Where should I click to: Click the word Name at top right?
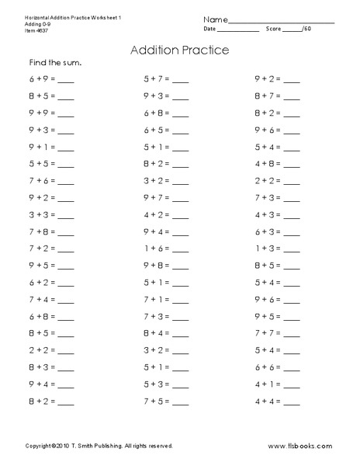click(217, 18)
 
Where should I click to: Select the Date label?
click(210, 29)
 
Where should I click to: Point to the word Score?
click(273, 29)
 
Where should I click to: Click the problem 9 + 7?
click(156, 197)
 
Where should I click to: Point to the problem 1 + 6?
click(156, 248)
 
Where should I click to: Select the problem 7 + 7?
click(268, 332)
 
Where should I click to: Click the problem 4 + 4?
click(268, 401)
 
